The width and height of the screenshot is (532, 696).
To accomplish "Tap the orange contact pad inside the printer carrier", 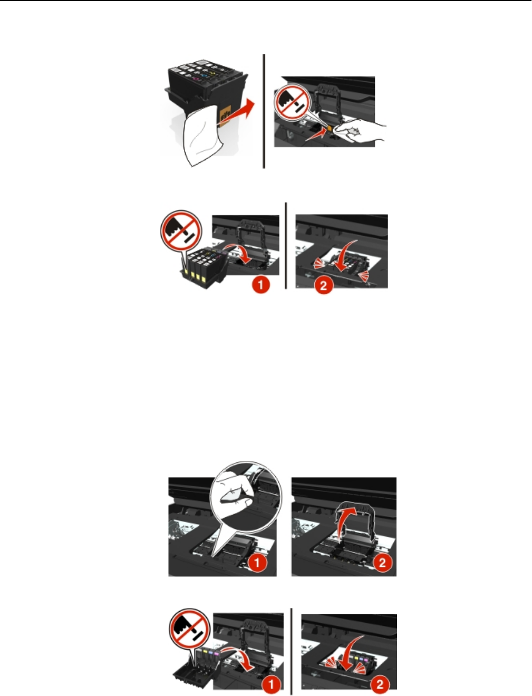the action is pos(329,128).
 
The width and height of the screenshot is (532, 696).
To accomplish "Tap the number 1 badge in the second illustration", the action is pos(260,285).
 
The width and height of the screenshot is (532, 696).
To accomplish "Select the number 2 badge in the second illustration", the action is pos(323,285).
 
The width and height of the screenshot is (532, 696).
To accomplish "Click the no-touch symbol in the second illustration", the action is pos(181,229).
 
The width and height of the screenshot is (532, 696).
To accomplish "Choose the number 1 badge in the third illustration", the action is pos(257,563).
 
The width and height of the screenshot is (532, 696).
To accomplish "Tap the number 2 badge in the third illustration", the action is pos(382,563).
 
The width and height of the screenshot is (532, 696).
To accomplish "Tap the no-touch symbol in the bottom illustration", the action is pos(190,629).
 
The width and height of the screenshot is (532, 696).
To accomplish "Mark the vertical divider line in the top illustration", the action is pos(264,111).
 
